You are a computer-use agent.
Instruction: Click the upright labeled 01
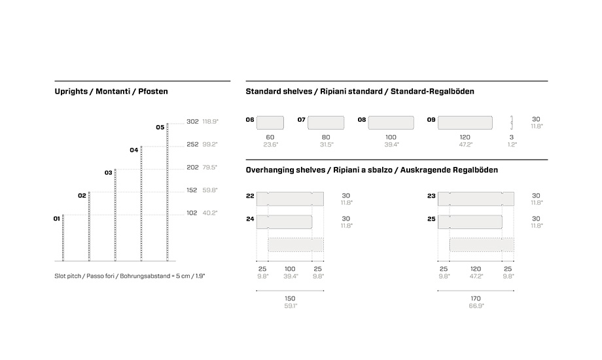(63, 238)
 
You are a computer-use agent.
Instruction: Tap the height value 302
(192, 121)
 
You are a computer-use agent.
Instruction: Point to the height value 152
(192, 190)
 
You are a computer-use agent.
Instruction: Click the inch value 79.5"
(209, 168)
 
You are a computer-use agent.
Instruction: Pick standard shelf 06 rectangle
(270, 123)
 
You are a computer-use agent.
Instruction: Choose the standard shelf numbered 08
(391, 123)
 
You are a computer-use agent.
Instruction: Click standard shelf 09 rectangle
(465, 123)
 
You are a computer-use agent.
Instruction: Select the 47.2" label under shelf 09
(465, 145)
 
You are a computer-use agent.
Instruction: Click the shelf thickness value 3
(511, 137)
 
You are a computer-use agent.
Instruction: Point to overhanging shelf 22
(290, 199)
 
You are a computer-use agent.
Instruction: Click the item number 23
(431, 196)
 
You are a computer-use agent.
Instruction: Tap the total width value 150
(290, 298)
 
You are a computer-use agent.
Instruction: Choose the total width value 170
(476, 298)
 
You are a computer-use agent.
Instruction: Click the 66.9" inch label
(476, 306)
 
